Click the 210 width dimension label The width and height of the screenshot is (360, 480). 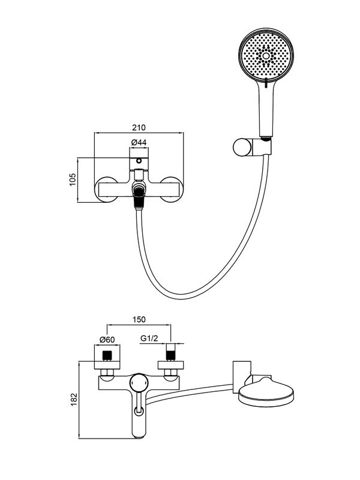pyautogui.click(x=139, y=128)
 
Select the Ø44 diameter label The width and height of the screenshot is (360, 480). pyautogui.click(x=139, y=143)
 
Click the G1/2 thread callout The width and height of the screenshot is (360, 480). pyautogui.click(x=149, y=339)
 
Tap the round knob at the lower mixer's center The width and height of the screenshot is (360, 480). pyautogui.click(x=140, y=382)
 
